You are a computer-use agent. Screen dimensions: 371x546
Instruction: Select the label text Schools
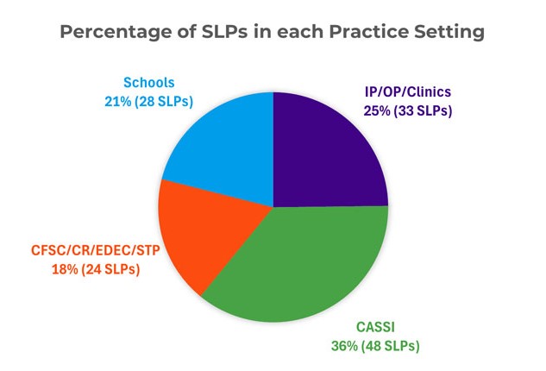click(148, 84)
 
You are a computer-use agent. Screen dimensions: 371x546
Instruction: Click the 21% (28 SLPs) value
click(148, 101)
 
